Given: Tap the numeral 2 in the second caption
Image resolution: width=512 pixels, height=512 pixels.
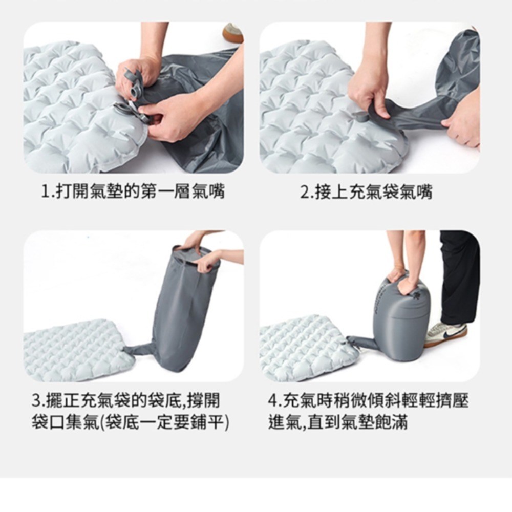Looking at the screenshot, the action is tap(304, 192).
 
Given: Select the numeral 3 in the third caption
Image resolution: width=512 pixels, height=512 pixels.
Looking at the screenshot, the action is tap(36, 401).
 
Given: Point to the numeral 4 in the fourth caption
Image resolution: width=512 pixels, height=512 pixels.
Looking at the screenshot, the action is tap(273, 401).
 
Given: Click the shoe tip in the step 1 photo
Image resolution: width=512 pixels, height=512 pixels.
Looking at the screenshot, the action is tap(233, 33).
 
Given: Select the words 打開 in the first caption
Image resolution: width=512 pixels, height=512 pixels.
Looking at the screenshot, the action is tap(68, 192).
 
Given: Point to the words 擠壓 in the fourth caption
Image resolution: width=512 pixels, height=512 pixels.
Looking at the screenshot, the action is tap(455, 401).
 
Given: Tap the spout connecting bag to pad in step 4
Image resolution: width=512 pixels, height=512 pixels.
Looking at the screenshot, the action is tap(360, 344).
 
